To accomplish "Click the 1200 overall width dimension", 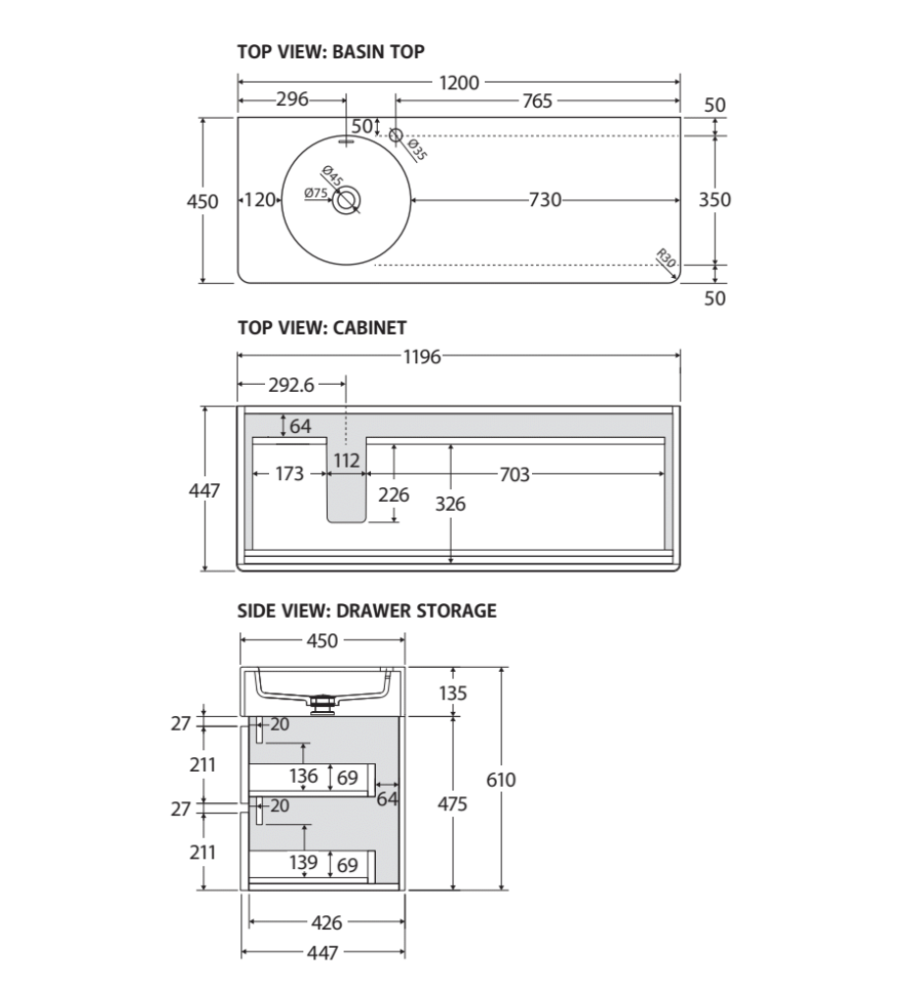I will pyautogui.click(x=458, y=82).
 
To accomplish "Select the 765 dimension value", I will pyautogui.click(x=537, y=100).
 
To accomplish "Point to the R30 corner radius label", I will pyautogui.click(x=666, y=260).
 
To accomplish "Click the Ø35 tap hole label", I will pyautogui.click(x=415, y=149).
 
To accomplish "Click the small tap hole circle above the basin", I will pyautogui.click(x=395, y=135).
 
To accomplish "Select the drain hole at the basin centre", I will pyautogui.click(x=345, y=200).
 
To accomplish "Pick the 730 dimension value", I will pyautogui.click(x=545, y=200).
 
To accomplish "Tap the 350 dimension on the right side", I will pyautogui.click(x=714, y=199).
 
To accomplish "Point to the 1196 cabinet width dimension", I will pyautogui.click(x=421, y=357).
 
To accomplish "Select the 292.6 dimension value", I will pyautogui.click(x=291, y=386).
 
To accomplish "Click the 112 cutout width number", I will pyautogui.click(x=347, y=460).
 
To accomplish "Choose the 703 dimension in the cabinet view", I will pyautogui.click(x=513, y=475).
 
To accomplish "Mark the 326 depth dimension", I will pyautogui.click(x=451, y=504).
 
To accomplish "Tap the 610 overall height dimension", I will pyautogui.click(x=501, y=780).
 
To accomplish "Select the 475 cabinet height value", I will pyautogui.click(x=452, y=803).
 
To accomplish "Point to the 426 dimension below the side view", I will pyautogui.click(x=326, y=922).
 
